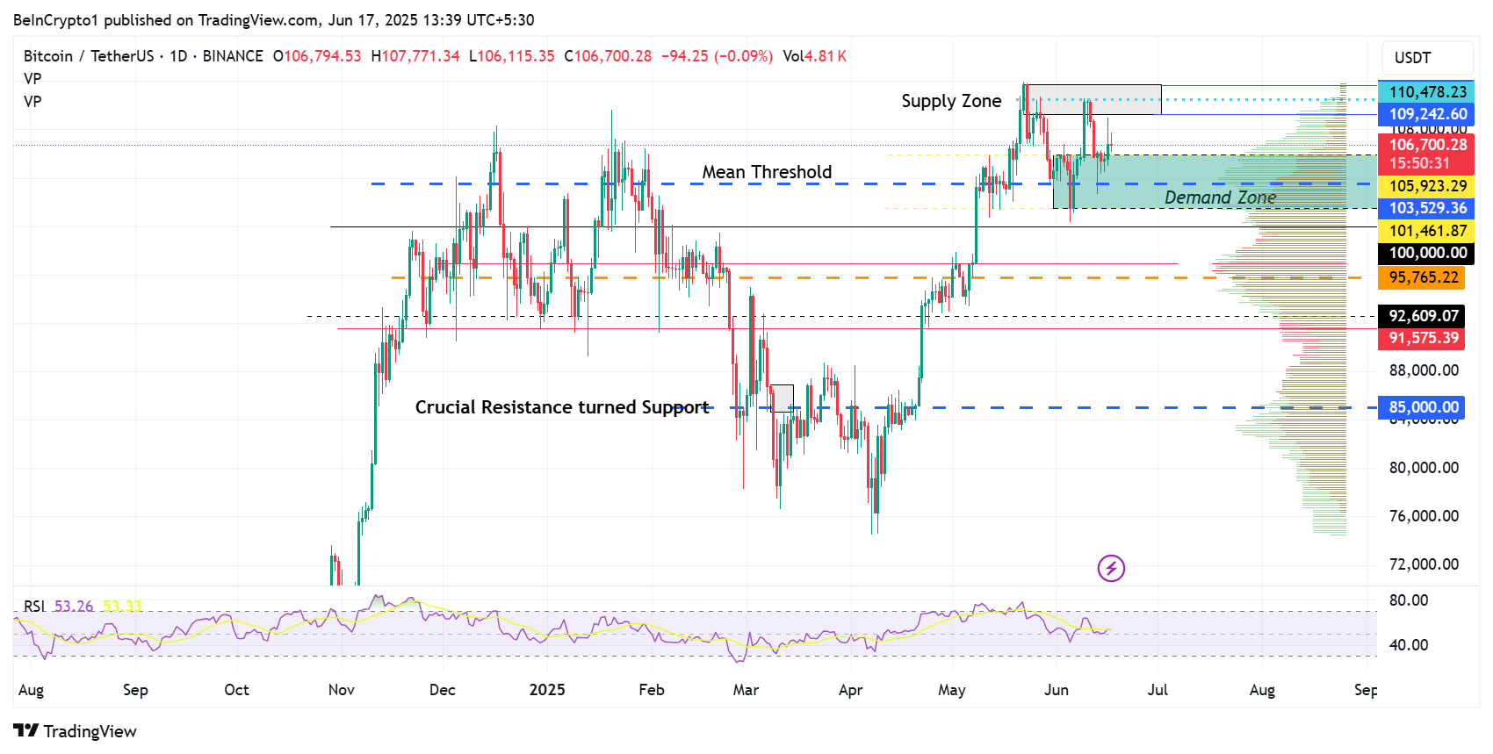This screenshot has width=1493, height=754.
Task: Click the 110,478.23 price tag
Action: pyautogui.click(x=1427, y=92)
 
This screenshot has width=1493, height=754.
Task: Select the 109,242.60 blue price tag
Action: pyautogui.click(x=1427, y=114)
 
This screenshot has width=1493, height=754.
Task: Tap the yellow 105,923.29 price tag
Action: pyautogui.click(x=1427, y=186)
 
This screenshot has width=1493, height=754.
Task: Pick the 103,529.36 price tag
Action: pyautogui.click(x=1427, y=208)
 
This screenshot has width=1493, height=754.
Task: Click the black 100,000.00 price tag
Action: pyautogui.click(x=1427, y=253)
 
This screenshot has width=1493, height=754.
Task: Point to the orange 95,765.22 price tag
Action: pyautogui.click(x=1423, y=277)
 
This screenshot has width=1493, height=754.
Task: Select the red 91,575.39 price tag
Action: pyautogui.click(x=1423, y=338)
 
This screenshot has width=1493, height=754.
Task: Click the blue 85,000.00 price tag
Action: pyautogui.click(x=1423, y=407)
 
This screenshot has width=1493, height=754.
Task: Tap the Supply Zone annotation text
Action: pyautogui.click(x=951, y=101)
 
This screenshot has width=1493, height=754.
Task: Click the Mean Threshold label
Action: pyautogui.click(x=767, y=172)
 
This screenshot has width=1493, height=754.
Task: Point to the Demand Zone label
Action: pyautogui.click(x=1220, y=197)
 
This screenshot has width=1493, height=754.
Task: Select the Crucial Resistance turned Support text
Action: pyautogui.click(x=562, y=407)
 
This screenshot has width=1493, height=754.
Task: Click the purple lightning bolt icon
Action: pyautogui.click(x=1111, y=568)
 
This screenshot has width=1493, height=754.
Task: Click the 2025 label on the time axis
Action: pyautogui.click(x=547, y=690)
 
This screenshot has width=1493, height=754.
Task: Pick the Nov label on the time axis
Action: pyautogui.click(x=342, y=690)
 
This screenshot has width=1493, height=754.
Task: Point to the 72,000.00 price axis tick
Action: pyautogui.click(x=1424, y=564)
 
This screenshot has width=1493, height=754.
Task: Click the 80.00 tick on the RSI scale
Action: pyautogui.click(x=1409, y=600)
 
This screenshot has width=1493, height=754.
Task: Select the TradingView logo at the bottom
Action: pyautogui.click(x=76, y=731)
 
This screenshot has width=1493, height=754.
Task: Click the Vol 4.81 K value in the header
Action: pyautogui.click(x=815, y=56)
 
